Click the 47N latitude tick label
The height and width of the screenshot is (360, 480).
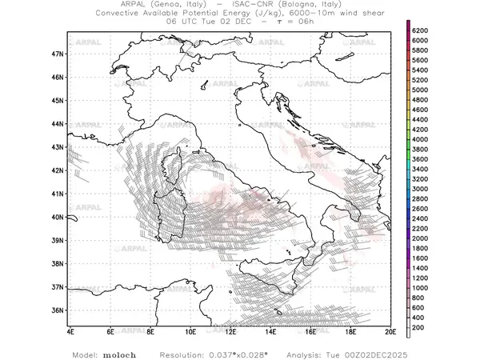click(x=56, y=54)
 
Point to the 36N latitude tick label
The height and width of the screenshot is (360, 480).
click(x=56, y=310)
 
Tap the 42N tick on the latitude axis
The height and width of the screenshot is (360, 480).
click(x=56, y=170)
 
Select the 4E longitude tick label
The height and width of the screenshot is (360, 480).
click(x=70, y=330)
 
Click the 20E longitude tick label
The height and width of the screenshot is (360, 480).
click(x=390, y=330)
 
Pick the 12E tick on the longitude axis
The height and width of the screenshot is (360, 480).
click(x=230, y=330)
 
